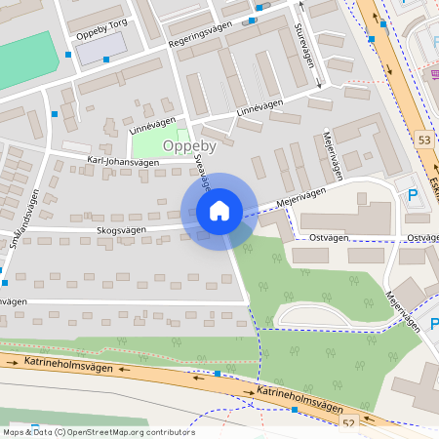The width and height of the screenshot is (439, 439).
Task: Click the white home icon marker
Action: click(219, 211)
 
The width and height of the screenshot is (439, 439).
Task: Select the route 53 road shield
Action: click(422, 140)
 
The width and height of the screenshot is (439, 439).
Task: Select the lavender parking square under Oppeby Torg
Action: click(100, 47)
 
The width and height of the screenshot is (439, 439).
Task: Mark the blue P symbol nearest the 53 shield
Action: click(412, 195)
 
